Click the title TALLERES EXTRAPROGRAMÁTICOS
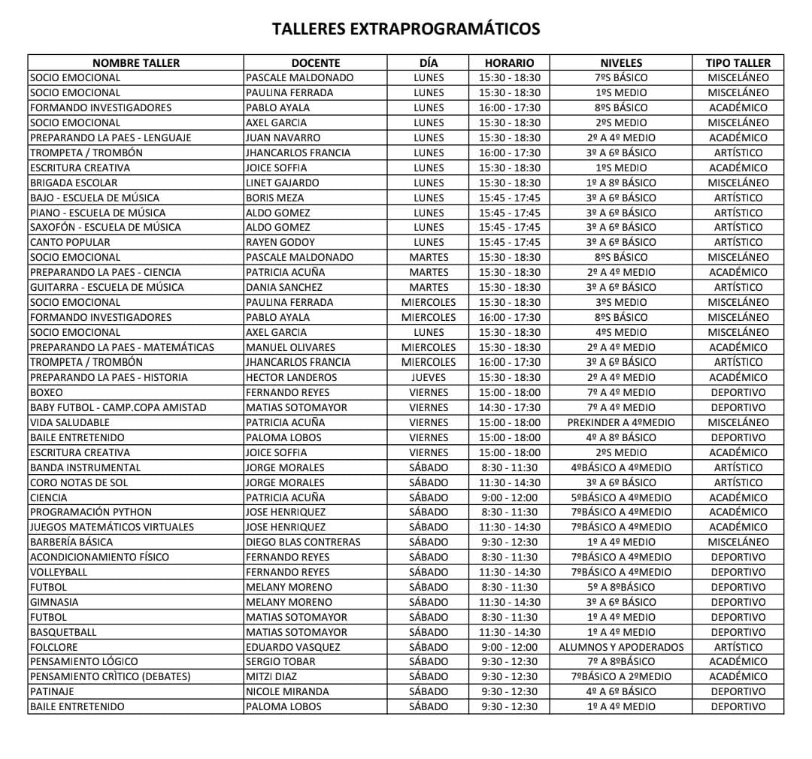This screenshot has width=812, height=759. [x=406, y=29]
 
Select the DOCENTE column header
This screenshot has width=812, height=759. [x=316, y=63]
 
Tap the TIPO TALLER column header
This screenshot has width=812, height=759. [x=738, y=63]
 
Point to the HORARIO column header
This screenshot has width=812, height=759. [x=509, y=63]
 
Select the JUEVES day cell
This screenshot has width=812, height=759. [x=429, y=377]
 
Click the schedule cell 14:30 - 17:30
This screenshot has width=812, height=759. [x=509, y=407]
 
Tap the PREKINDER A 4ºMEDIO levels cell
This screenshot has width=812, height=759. [x=621, y=422]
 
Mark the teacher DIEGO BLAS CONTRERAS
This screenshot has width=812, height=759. [x=303, y=542]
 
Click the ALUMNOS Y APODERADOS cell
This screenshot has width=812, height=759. [x=621, y=647]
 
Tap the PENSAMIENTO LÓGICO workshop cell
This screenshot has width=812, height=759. [x=84, y=661]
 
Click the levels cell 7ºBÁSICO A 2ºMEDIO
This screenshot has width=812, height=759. [x=621, y=676]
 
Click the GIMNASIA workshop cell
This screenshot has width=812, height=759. [x=54, y=602]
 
